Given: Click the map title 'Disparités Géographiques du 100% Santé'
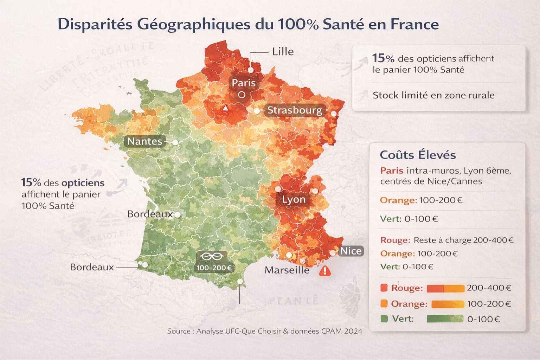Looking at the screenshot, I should pyautogui.click(x=248, y=25).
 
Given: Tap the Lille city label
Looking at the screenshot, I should pyautogui.click(x=283, y=52).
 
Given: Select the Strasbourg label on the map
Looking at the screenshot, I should pyautogui.click(x=295, y=110).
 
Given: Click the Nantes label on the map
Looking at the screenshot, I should pyautogui.click(x=145, y=141).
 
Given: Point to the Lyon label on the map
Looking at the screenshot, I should pyautogui.click(x=294, y=200).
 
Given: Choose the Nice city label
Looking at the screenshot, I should pyautogui.click(x=351, y=251).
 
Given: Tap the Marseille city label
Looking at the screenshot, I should pyautogui.click(x=287, y=270).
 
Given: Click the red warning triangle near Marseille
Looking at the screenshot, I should pyautogui.click(x=325, y=271).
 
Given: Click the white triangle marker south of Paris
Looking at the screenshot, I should pyautogui.click(x=225, y=108).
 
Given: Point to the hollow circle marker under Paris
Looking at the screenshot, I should pyautogui.click(x=242, y=95).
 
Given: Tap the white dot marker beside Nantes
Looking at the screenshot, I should pyautogui.click(x=175, y=142).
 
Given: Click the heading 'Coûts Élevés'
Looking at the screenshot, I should pyautogui.click(x=418, y=155).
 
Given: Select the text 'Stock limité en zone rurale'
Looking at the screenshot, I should pyautogui.click(x=433, y=95).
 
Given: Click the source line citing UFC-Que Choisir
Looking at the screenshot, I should pyautogui.click(x=264, y=331).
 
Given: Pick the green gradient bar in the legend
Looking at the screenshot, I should pyautogui.click(x=445, y=319).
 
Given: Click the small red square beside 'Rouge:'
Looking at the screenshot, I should pyautogui.click(x=384, y=288).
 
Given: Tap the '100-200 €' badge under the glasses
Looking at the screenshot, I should pyautogui.click(x=214, y=268).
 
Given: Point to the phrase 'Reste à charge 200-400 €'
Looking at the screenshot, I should pyautogui.click(x=463, y=240).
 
